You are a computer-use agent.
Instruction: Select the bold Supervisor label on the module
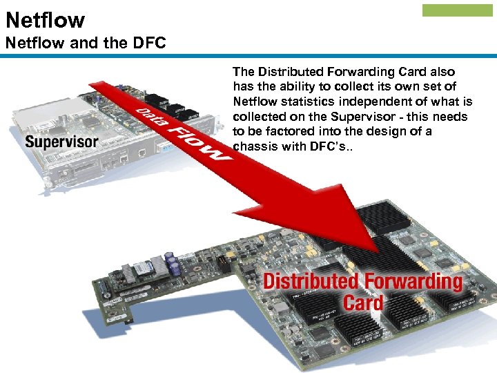pyautogui.click(x=62, y=142)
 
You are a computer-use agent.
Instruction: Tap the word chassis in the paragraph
pyautogui.click(x=253, y=146)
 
